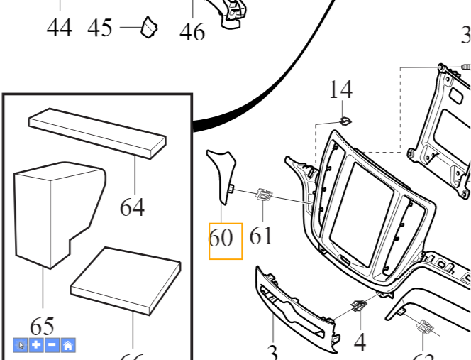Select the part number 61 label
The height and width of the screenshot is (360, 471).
coord(261,235)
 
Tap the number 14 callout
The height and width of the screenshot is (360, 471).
coord(340,90)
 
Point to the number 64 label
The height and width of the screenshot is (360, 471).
coord(132,207)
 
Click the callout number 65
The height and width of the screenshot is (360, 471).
coord(43,327)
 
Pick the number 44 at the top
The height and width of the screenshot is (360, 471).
coord(60,28)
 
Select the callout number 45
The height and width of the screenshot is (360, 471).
coord(100,28)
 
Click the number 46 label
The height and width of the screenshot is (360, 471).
coord(192,32)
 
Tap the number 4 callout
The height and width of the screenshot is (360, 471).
coord(360,342)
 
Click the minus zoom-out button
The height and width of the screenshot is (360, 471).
coord(52,346)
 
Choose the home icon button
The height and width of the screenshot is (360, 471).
coord(68,346)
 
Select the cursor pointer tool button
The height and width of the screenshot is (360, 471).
coord(21,346)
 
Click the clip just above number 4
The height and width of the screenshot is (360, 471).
coord(358,307)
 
